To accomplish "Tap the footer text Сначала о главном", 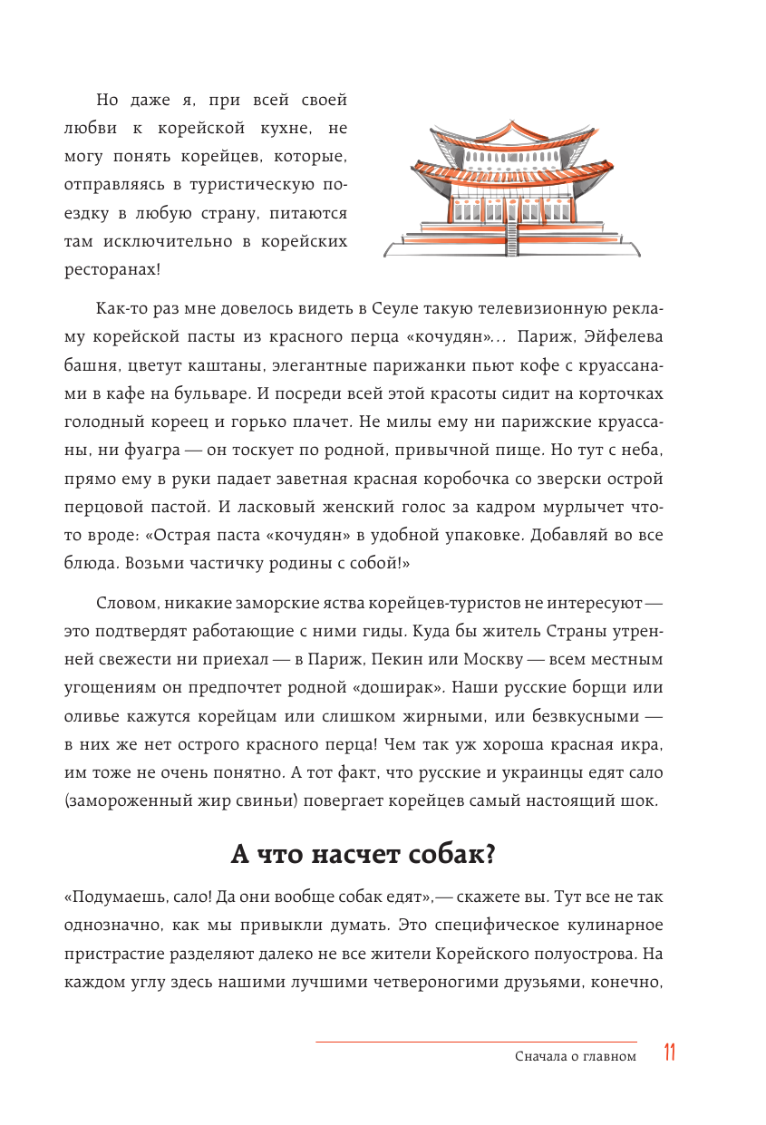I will point(575,1055).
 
